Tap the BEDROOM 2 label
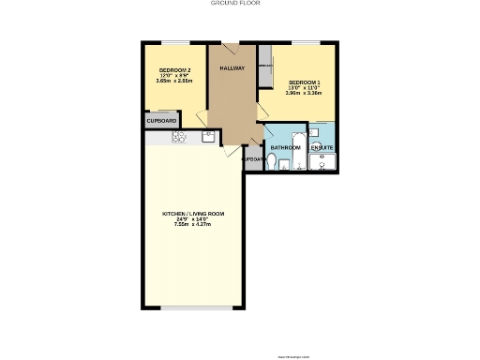coord(174,71)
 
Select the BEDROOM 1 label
coord(305,82)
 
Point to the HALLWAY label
coord(232,69)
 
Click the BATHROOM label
coord(285,148)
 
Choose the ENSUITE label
coord(322,148)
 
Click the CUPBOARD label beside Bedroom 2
coord(161,120)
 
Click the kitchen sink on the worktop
coord(209,137)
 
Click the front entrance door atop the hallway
coord(230,45)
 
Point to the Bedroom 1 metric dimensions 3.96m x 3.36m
coord(305,94)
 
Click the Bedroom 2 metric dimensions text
coord(174,82)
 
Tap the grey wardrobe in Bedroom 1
coord(266,67)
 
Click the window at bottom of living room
coord(194,307)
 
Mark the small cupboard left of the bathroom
coord(252,159)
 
